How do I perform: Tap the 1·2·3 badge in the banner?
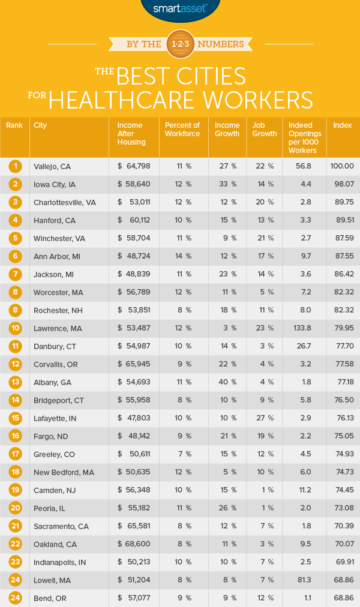[179, 43]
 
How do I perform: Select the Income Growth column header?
[227, 129]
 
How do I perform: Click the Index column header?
[343, 125]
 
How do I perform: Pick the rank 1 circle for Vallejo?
[14, 166]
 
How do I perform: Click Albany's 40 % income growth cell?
[227, 382]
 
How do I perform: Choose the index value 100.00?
[342, 166]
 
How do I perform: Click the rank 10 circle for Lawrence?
[14, 328]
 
